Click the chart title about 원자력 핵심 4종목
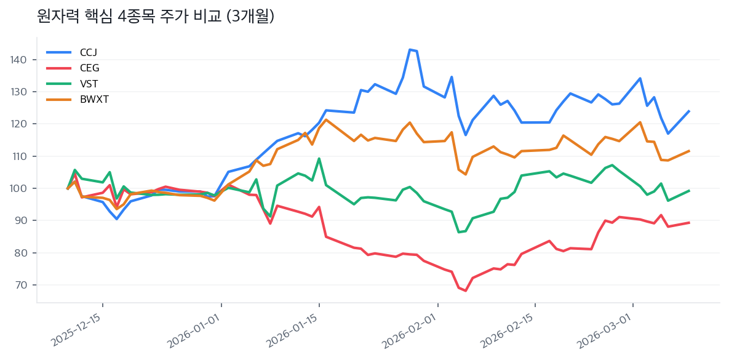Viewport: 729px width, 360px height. [x=156, y=17]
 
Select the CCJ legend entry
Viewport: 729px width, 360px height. [x=88, y=52]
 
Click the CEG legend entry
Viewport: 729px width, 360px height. [x=89, y=68]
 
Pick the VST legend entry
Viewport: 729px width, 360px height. [x=89, y=84]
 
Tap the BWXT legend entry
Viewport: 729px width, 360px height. [x=94, y=99]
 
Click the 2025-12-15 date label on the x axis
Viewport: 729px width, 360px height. [x=77, y=330]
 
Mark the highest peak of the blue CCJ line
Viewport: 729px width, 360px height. [x=410, y=49]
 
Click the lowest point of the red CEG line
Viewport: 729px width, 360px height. [x=466, y=290]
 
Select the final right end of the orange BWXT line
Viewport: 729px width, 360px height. [x=689, y=151]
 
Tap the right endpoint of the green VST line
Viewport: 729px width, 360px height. [x=689, y=191]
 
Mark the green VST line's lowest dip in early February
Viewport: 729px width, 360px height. [x=459, y=232]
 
